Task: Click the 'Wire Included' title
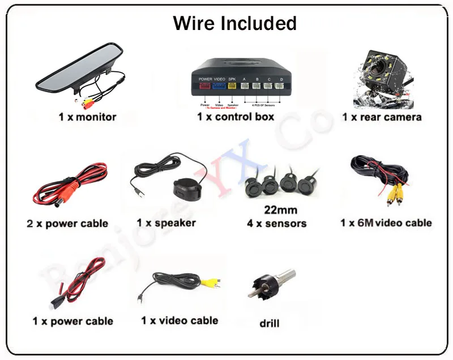[x=234, y=23]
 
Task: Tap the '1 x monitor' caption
[x=87, y=117]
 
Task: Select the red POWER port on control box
[x=205, y=87]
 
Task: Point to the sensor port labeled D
[x=280, y=87]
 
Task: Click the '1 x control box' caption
[x=236, y=117]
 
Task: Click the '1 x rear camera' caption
[x=382, y=117]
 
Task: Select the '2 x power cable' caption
[x=67, y=224]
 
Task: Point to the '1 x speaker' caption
[x=166, y=223]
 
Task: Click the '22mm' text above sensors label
[x=280, y=211]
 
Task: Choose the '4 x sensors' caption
[x=276, y=224]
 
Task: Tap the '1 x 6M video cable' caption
[x=386, y=223]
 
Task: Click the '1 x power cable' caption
[x=72, y=321]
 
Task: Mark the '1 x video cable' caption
[x=180, y=320]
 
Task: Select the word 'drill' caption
[x=270, y=324]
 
